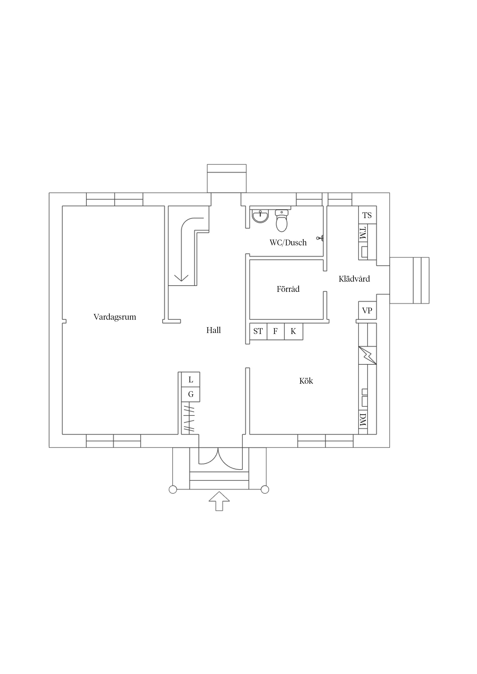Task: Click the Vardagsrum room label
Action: (x=115, y=317)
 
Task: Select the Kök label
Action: (x=306, y=381)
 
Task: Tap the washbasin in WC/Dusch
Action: (x=260, y=216)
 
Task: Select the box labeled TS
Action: (x=367, y=215)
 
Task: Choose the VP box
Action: (x=367, y=310)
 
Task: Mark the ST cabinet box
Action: (x=258, y=331)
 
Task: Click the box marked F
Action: (x=275, y=331)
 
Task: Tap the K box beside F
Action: (x=293, y=331)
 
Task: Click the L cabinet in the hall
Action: (x=191, y=380)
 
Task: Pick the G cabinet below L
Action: (x=191, y=394)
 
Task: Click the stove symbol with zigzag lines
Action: (x=367, y=355)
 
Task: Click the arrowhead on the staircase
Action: (x=181, y=278)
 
